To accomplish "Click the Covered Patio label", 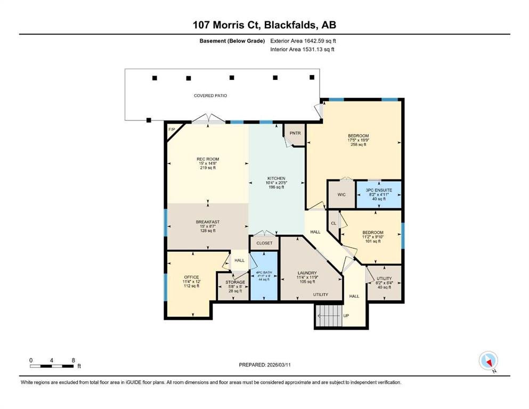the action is tap(210, 96).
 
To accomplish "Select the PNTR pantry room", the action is tap(295, 134).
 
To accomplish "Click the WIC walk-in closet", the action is tap(341, 194).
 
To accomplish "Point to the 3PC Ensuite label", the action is tap(379, 190).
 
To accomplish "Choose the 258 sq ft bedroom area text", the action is tap(359, 145).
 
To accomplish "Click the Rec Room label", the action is tap(208, 159).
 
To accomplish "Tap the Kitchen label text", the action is tap(276, 178).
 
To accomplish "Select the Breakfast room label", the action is tap(208, 222).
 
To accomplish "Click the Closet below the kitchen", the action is tap(264, 243).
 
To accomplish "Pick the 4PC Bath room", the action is tap(264, 276).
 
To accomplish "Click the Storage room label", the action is tap(235, 282).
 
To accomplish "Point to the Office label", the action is tap(191, 277).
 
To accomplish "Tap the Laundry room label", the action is tap(307, 273).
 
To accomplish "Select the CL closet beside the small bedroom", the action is tap(333, 223).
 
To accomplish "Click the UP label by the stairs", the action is tap(346, 316).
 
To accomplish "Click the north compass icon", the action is tap(489, 361).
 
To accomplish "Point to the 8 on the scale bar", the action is tap(73, 361).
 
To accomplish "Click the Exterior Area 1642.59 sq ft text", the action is tap(303, 41).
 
